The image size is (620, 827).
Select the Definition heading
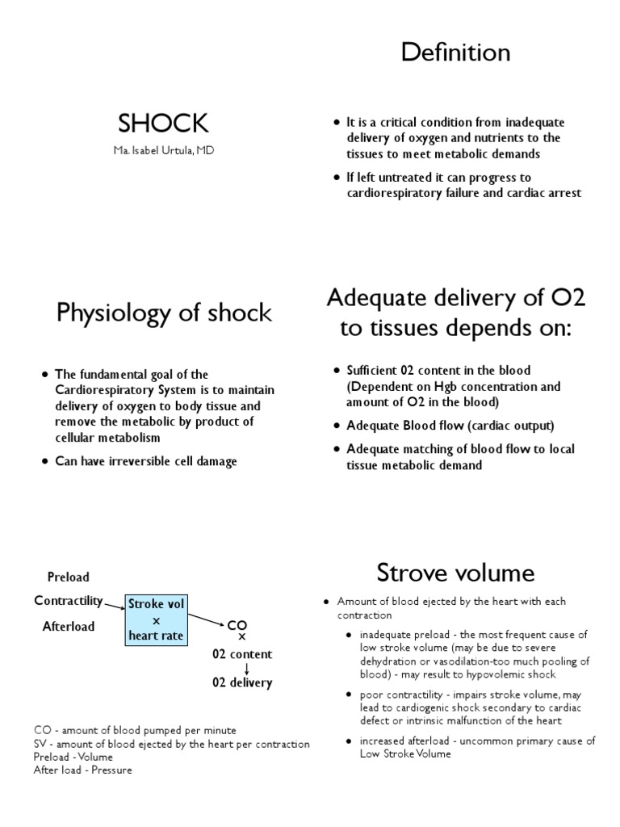(456, 53)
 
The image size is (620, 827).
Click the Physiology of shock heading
(164, 313)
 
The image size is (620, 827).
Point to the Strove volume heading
(455, 573)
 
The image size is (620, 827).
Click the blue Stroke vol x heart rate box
(157, 620)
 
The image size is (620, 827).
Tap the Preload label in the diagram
(69, 577)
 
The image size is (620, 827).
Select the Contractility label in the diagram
(69, 601)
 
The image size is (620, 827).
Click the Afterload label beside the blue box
(69, 626)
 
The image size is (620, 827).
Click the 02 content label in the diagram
(242, 654)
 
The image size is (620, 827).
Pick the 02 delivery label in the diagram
(242, 682)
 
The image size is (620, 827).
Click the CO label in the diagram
(236, 626)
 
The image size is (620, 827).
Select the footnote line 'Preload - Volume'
(73, 757)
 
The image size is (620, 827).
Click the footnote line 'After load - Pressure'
(82, 770)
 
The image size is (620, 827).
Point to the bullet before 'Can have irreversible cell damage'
(44, 462)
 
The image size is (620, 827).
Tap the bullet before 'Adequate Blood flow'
(337, 426)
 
